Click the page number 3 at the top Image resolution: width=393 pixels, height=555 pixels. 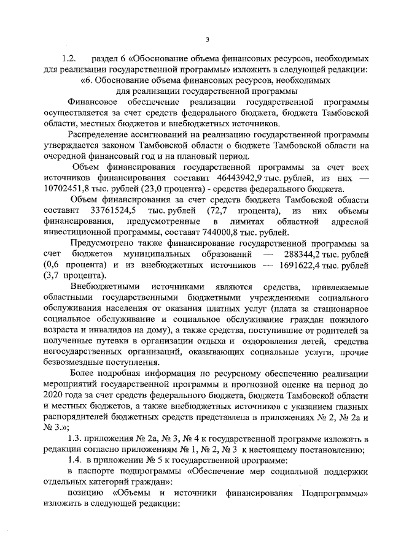207,40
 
